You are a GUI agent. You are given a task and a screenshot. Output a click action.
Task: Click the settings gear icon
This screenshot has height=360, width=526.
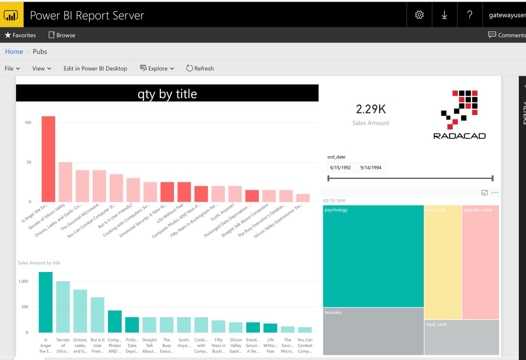pyautogui.click(x=419, y=15)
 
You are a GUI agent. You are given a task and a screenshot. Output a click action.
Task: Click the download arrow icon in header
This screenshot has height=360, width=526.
pyautogui.click(x=444, y=15)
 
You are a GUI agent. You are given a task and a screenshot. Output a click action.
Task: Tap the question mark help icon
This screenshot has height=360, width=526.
pyautogui.click(x=469, y=15)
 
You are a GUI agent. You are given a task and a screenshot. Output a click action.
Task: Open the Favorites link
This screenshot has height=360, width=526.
pyautogui.click(x=20, y=35)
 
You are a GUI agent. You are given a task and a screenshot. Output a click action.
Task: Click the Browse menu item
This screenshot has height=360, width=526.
pyautogui.click(x=62, y=35)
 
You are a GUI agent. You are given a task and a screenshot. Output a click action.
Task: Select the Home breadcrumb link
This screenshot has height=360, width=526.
pyautogui.click(x=14, y=52)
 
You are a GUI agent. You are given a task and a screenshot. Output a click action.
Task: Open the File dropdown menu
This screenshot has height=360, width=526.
pyautogui.click(x=12, y=68)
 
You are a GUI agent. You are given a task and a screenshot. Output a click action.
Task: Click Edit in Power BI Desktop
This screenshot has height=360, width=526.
pyautogui.click(x=95, y=68)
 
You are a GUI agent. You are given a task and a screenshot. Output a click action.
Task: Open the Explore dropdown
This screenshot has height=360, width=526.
pyautogui.click(x=157, y=68)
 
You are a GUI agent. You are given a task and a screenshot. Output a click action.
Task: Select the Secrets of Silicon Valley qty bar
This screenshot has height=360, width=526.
pyautogui.click(x=65, y=182)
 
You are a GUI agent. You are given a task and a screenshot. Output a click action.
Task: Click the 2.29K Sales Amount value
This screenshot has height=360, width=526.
pyautogui.click(x=371, y=109)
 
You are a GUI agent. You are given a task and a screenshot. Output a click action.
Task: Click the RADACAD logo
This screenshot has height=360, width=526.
pyautogui.click(x=459, y=114)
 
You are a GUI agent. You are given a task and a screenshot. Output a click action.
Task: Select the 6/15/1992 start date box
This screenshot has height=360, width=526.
pyautogui.click(x=341, y=168)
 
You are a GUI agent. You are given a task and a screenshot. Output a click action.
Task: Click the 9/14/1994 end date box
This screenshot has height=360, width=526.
pyautogui.click(x=371, y=168)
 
